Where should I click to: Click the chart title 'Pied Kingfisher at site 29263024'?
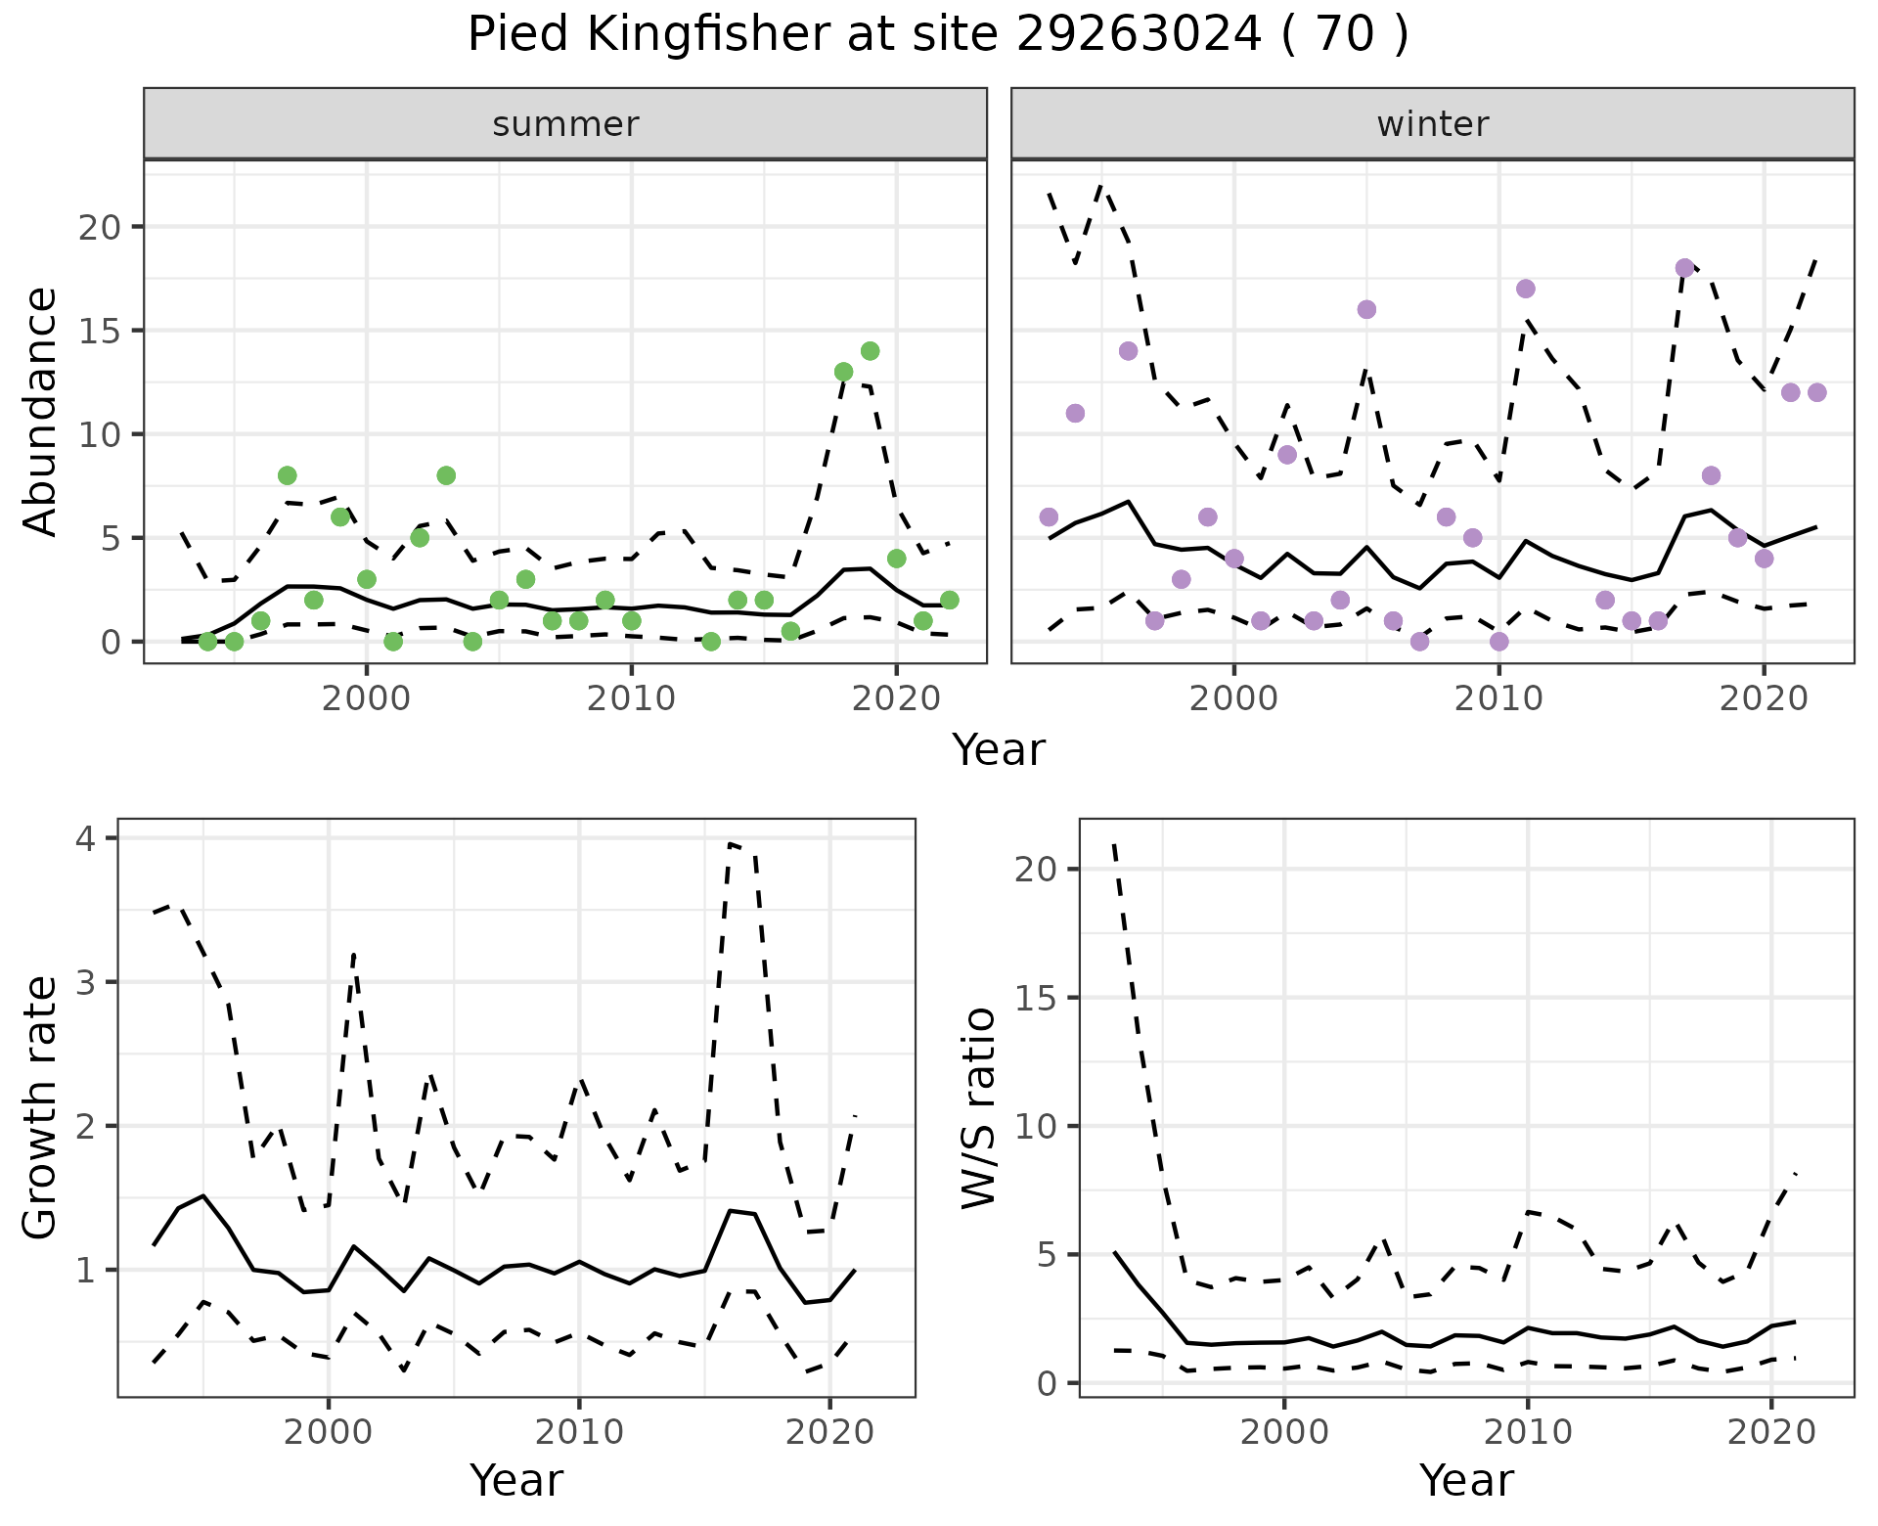tap(937, 35)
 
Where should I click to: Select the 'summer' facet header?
tap(565, 124)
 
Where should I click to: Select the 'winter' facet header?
tap(1432, 124)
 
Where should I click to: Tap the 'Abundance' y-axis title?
tap(40, 411)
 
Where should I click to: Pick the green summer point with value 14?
tap(870, 351)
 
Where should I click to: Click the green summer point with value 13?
tap(843, 372)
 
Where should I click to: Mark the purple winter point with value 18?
tap(1684, 268)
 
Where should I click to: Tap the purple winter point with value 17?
tap(1525, 289)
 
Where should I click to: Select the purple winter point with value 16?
tap(1366, 309)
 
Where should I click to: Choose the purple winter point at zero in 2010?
tap(1498, 642)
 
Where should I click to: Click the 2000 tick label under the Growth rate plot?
tap(329, 1432)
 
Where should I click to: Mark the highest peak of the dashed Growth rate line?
tap(730, 843)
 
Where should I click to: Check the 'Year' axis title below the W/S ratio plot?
tap(1466, 1481)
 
